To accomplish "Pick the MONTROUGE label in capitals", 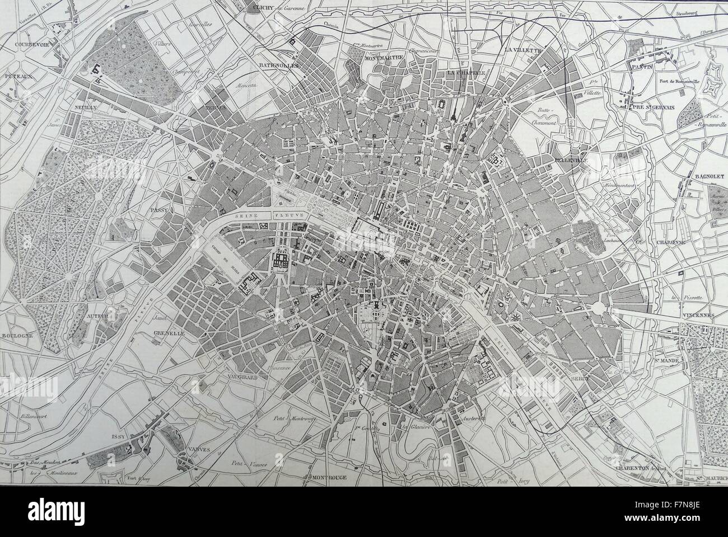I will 325,478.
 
